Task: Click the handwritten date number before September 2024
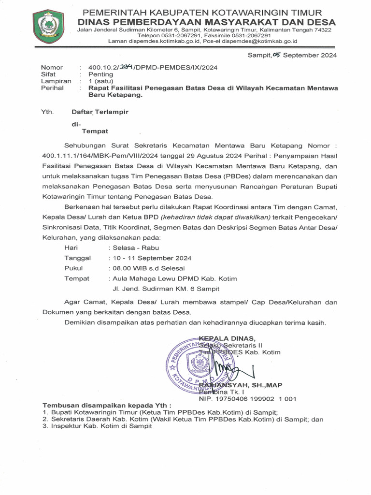(276, 55)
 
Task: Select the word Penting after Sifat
(100, 74)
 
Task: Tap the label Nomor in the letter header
(52, 67)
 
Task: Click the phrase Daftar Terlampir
(100, 112)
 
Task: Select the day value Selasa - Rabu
(125, 247)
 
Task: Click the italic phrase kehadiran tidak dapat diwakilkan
(215, 217)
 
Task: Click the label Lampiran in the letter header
(56, 81)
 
